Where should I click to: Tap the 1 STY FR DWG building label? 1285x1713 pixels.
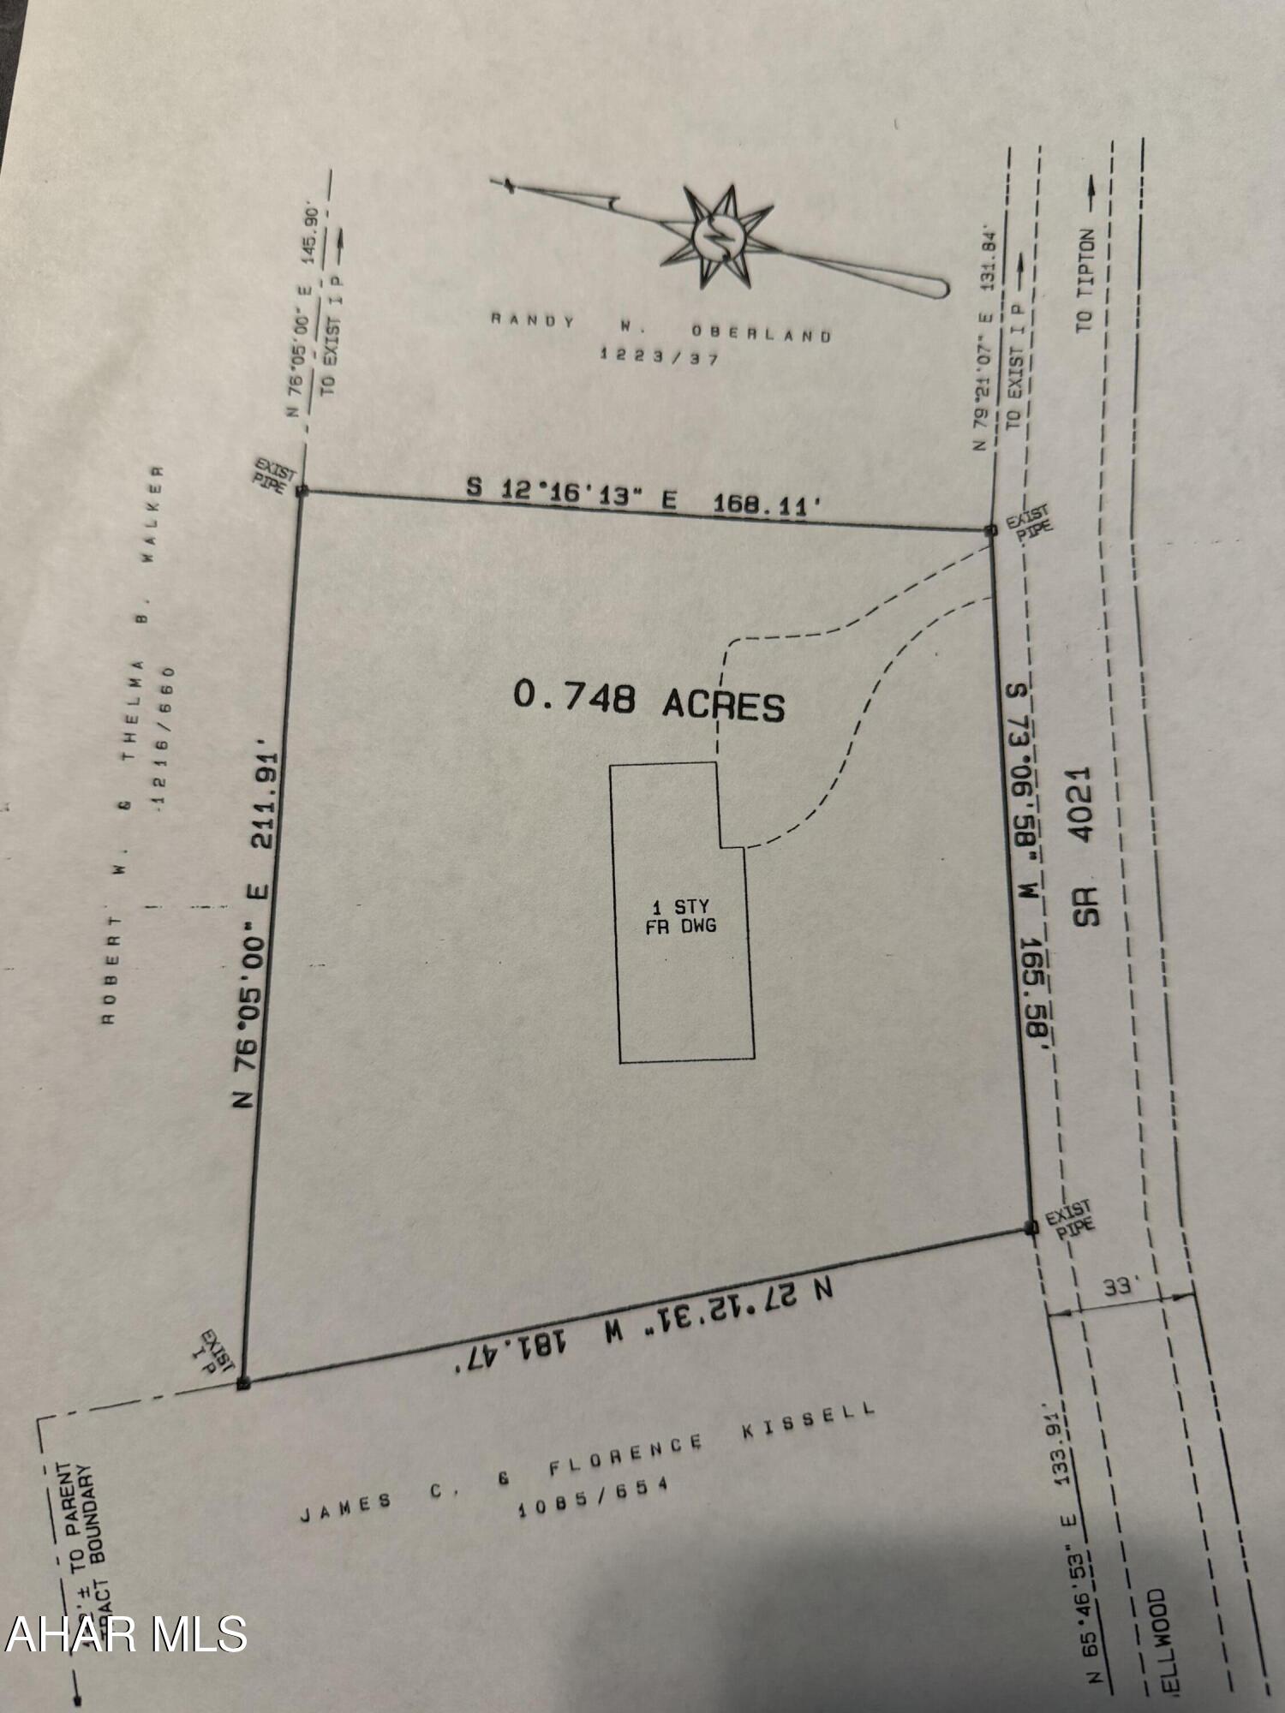(681, 916)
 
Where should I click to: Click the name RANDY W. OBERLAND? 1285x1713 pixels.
(660, 327)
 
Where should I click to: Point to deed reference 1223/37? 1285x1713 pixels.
(659, 356)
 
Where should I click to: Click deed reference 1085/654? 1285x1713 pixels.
(592, 1499)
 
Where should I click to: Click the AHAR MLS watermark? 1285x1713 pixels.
(126, 1633)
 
